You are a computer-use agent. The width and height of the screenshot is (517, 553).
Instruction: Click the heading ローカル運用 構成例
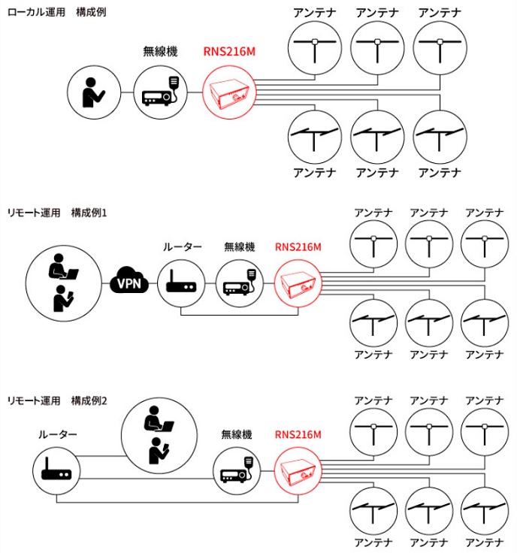click(56, 12)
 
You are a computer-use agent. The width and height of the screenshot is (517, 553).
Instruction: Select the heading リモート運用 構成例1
click(57, 213)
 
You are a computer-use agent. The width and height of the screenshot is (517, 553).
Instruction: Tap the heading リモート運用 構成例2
click(57, 400)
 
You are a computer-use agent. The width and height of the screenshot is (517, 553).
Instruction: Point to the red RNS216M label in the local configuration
click(229, 52)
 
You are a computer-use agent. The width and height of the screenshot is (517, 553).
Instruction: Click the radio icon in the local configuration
click(161, 92)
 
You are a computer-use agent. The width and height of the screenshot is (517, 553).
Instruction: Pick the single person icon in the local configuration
click(93, 92)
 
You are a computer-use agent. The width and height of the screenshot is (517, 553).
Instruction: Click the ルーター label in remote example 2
click(57, 434)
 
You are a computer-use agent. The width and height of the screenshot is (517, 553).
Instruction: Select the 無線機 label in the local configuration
click(160, 52)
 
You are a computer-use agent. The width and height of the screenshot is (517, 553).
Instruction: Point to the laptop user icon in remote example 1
click(63, 266)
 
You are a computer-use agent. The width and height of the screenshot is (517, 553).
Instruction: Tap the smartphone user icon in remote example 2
click(159, 451)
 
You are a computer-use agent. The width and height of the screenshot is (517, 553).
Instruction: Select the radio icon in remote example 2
click(237, 470)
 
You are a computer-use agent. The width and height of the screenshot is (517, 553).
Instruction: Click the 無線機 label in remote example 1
click(240, 247)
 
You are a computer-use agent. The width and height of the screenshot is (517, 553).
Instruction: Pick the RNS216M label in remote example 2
click(298, 434)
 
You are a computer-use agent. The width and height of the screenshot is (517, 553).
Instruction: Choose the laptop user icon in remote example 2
click(159, 419)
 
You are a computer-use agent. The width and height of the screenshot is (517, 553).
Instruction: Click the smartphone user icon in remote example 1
click(63, 298)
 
